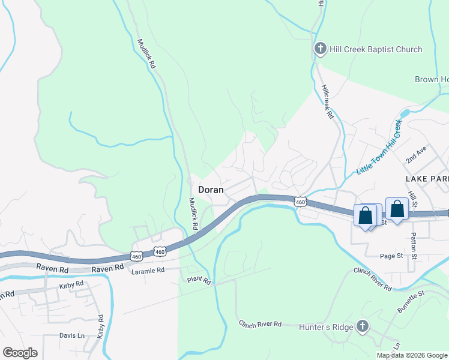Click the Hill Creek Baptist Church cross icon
pos(321,49)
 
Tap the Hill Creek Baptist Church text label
pos(376,49)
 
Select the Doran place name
pos(211,189)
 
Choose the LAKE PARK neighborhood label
pos(426,179)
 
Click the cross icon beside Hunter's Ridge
pos(362,326)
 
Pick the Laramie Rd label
pos(148,271)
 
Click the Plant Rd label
pos(199,280)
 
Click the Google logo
pos(20,353)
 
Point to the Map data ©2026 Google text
pos(412,355)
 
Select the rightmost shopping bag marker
pos(397,210)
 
